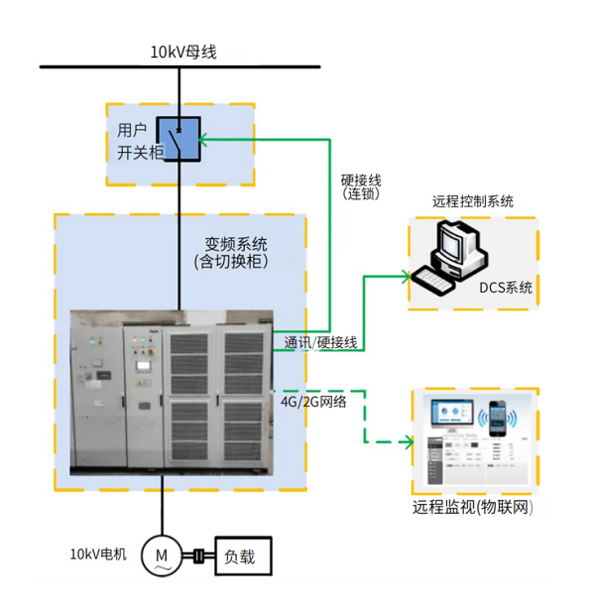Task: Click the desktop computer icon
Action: pyautogui.click(x=452, y=256)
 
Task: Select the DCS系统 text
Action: pyautogui.click(x=506, y=289)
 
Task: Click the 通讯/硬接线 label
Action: pyautogui.click(x=320, y=343)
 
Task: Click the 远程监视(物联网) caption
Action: pyautogui.click(x=473, y=508)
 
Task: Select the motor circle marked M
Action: pyautogui.click(x=159, y=556)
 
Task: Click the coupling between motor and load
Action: pyautogui.click(x=198, y=557)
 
